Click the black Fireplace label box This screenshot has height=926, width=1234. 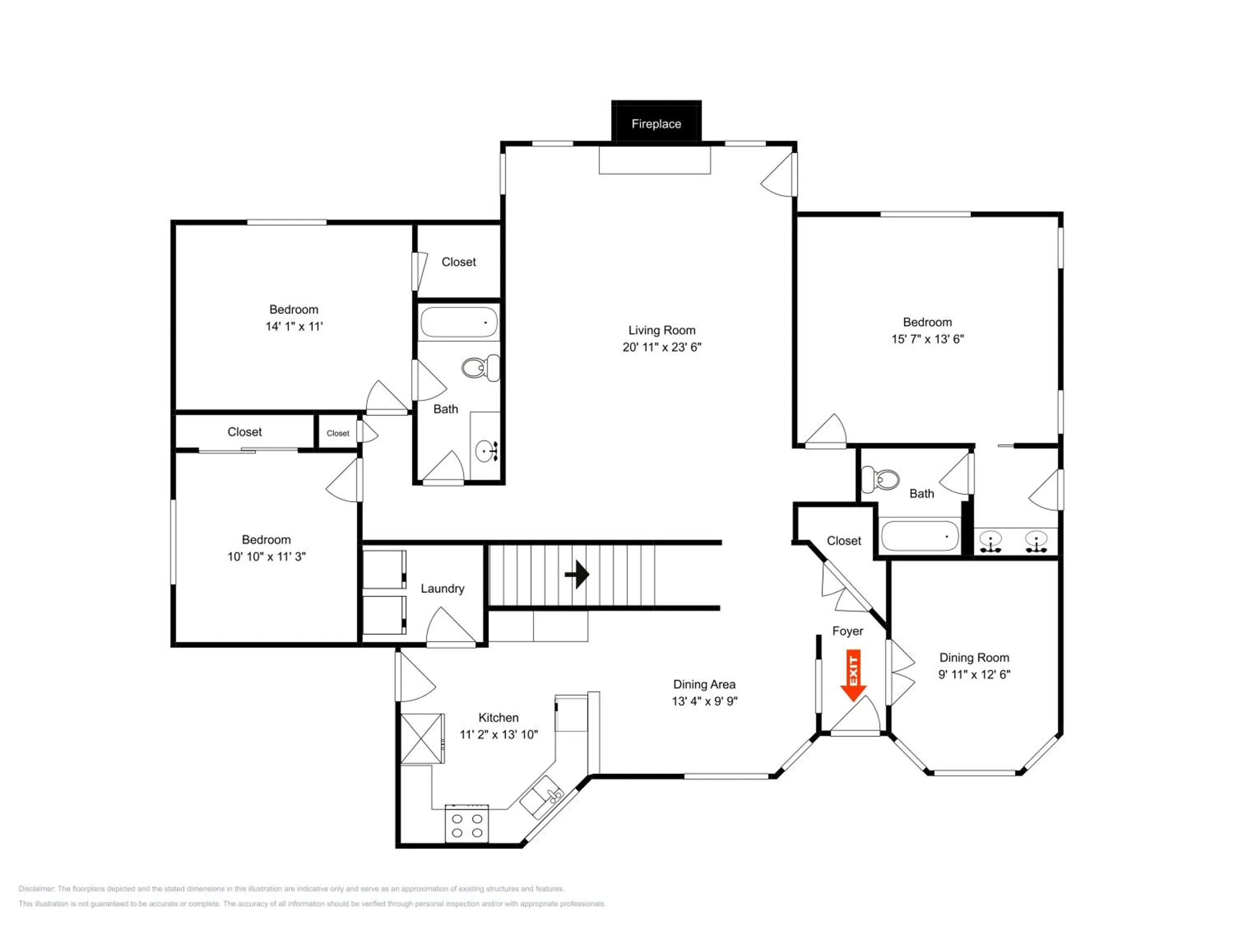[x=656, y=121]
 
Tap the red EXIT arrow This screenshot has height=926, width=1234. [x=853, y=675]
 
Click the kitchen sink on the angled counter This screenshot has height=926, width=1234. [x=541, y=797]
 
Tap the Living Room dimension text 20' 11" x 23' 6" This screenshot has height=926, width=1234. [x=661, y=347]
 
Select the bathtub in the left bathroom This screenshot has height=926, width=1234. [x=459, y=322]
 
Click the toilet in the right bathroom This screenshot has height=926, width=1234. [x=880, y=479]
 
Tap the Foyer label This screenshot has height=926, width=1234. [x=847, y=631]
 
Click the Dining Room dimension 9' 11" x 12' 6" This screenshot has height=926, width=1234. [x=974, y=674]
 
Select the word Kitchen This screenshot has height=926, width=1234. [x=498, y=718]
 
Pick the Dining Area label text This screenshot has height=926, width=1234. [x=704, y=684]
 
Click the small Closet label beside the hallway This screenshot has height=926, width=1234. [x=338, y=433]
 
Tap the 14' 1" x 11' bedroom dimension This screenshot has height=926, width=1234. [x=294, y=326]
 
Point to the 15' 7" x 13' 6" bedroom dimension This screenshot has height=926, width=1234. [x=927, y=339]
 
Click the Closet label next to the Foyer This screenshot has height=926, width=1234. [x=844, y=541]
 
